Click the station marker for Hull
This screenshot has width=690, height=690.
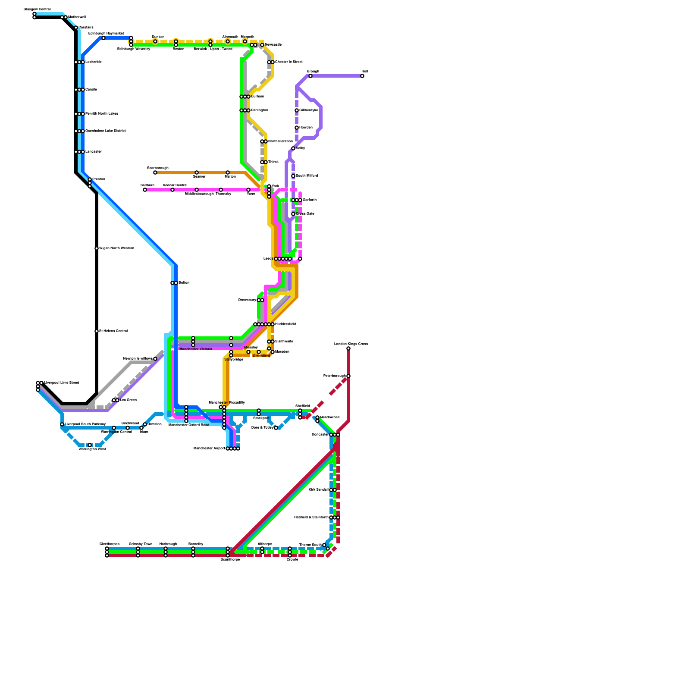362,76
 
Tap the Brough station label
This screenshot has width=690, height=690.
313,71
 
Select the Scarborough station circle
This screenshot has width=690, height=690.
155,172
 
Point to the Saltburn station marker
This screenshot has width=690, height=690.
145,190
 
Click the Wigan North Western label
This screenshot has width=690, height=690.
116,248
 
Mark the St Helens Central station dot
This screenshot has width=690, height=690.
97,331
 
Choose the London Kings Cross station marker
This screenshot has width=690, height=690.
348,348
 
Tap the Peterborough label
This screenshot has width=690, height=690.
334,376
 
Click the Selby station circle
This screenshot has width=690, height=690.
293,148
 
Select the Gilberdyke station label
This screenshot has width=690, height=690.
309,110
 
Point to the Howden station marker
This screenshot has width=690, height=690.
297,128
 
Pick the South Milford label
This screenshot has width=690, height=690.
307,176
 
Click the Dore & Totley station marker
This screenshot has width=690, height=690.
276,428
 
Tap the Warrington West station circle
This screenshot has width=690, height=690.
90,445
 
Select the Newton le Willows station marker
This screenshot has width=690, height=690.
155,359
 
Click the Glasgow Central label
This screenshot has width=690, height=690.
37,9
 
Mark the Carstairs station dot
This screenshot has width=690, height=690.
76,28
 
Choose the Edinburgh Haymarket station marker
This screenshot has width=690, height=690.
103,38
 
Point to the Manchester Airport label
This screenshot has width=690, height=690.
209,448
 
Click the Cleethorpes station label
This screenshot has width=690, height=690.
110,544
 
